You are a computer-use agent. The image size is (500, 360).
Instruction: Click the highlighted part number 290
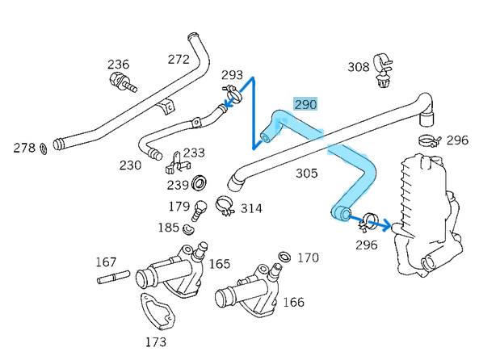pyautogui.click(x=305, y=104)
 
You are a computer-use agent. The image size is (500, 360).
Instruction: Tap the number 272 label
pyautogui.click(x=178, y=59)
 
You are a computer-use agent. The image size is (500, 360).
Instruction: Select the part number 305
pyautogui.click(x=306, y=173)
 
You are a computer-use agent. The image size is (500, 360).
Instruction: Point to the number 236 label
pyautogui.click(x=119, y=65)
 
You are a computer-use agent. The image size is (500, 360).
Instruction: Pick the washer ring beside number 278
pyautogui.click(x=42, y=149)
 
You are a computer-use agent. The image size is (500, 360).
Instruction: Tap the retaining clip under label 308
pyautogui.click(x=383, y=71)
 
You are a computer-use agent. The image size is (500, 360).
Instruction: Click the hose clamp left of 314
pyautogui.click(x=225, y=206)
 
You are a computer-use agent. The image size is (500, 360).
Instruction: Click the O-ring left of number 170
pyautogui.click(x=284, y=257)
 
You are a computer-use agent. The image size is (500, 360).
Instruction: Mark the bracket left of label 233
pyautogui.click(x=172, y=164)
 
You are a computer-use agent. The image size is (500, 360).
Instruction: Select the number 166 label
pyautogui.click(x=293, y=303)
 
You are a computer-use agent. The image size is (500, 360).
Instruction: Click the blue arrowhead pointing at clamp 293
pyautogui.click(x=229, y=103)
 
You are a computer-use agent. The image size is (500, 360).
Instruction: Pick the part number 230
pyautogui.click(x=130, y=165)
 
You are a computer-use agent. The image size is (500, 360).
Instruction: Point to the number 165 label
pyautogui.click(x=219, y=264)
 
